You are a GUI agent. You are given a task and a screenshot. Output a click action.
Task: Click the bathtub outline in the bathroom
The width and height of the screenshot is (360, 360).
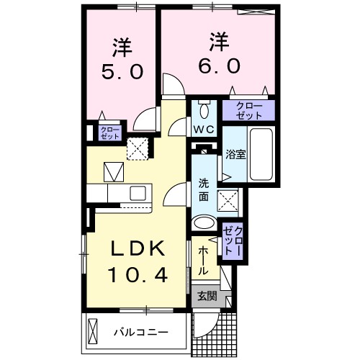(x=260, y=154)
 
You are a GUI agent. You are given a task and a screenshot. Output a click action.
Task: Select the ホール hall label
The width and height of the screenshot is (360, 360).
(x=203, y=259)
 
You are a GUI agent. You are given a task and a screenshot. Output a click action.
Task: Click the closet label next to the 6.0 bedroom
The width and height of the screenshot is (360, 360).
(x=247, y=110)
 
